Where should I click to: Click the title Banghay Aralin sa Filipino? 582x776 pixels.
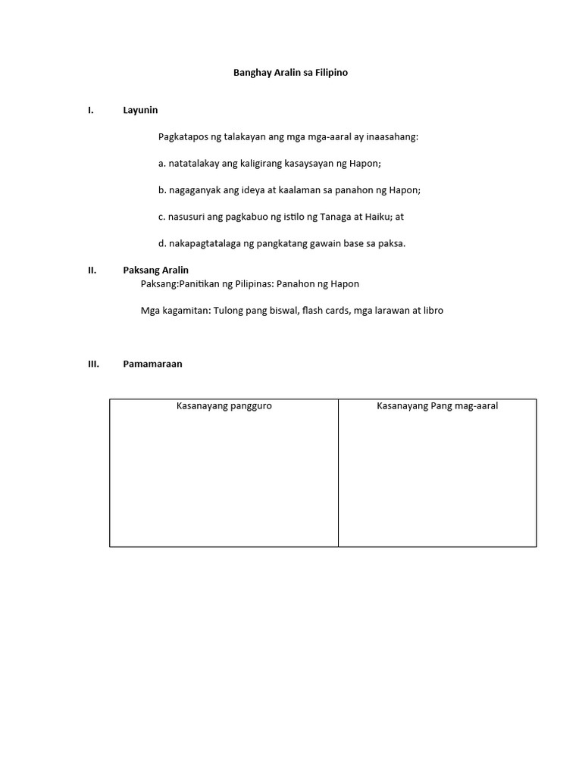click(x=289, y=74)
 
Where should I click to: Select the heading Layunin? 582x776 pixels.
click(x=140, y=110)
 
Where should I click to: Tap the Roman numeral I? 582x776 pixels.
click(x=90, y=110)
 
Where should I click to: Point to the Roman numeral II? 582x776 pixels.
click(x=92, y=270)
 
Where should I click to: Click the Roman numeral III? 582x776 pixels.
click(x=93, y=364)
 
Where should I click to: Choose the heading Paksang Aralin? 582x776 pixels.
click(x=155, y=270)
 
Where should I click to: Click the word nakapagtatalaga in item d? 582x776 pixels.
click(x=202, y=243)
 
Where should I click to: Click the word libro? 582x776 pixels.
click(x=433, y=311)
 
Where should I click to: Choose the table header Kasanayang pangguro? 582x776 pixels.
click(x=224, y=406)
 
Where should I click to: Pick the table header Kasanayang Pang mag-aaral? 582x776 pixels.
click(x=437, y=406)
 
